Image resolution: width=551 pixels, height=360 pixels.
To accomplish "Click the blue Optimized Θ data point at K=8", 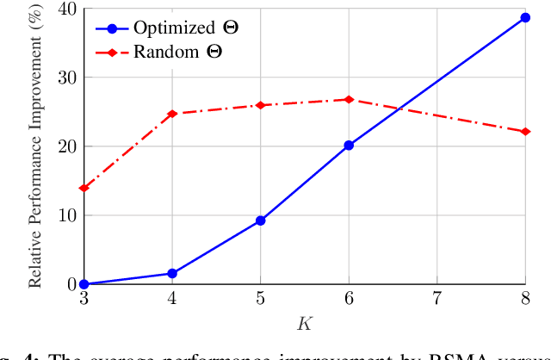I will click(525, 17).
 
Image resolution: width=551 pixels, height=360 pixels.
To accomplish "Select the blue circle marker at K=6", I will click(349, 146).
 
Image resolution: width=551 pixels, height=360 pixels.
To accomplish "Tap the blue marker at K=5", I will click(260, 220).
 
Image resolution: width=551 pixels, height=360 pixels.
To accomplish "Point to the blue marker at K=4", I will click(172, 273).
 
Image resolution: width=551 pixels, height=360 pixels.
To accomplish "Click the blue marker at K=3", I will click(84, 284).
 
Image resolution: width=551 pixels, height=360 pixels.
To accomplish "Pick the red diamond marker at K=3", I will click(84, 188).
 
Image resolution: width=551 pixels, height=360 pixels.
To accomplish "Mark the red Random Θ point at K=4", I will click(172, 114).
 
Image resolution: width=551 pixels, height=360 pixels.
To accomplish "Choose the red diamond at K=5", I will click(260, 105).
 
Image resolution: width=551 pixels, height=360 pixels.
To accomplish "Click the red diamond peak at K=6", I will click(349, 100).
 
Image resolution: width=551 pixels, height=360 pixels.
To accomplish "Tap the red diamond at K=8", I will click(525, 132).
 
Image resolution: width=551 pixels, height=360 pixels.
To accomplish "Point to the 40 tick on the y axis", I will click(66, 9).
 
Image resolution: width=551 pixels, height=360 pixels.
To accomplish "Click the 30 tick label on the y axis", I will click(66, 78).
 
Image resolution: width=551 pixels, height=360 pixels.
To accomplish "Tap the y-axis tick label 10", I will click(66, 215).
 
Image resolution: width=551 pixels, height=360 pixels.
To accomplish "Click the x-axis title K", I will click(304, 324).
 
